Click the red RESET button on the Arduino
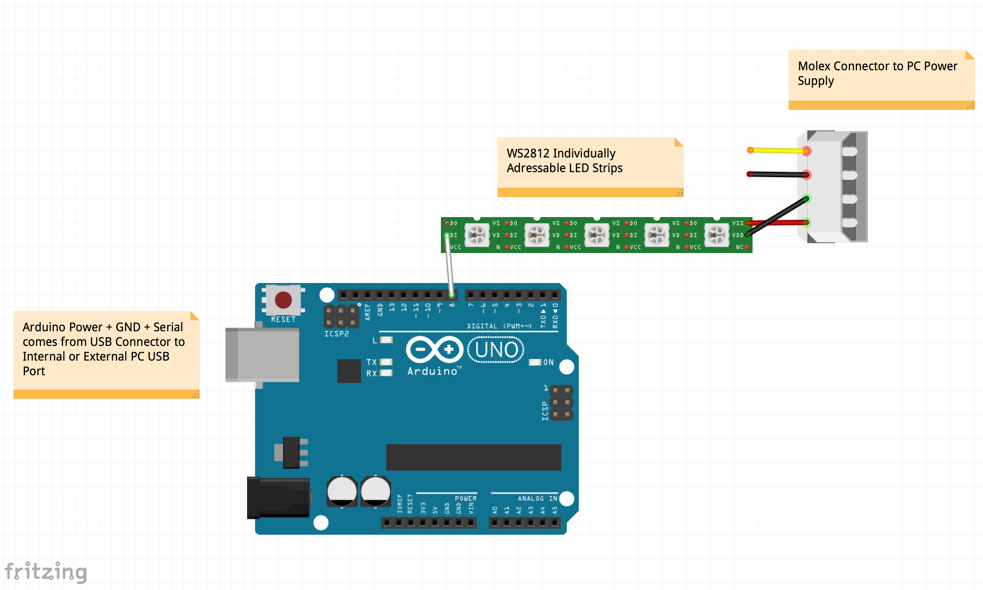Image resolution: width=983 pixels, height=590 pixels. click(x=283, y=300)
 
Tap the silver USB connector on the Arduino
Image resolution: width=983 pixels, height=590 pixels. click(x=262, y=354)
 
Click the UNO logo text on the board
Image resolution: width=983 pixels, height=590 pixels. click(x=496, y=350)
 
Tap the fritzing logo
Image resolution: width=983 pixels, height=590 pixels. click(x=46, y=572)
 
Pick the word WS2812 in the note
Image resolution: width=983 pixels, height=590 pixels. click(x=527, y=153)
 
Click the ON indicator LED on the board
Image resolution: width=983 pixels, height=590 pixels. click(x=535, y=362)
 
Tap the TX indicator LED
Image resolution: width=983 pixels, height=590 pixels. click(x=386, y=362)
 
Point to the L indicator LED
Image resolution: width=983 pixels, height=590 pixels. click(x=386, y=340)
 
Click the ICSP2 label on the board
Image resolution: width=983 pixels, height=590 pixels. click(x=336, y=334)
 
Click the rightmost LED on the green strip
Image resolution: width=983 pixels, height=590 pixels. click(x=716, y=235)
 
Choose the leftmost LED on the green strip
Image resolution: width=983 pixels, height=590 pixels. click(x=477, y=235)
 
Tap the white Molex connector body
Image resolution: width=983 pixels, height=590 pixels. click(x=825, y=187)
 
